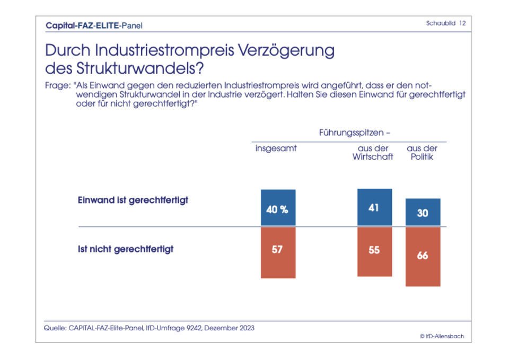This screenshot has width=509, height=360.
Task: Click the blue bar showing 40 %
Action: pyautogui.click(x=278, y=208)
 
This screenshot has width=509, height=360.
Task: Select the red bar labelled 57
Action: pyautogui.click(x=278, y=252)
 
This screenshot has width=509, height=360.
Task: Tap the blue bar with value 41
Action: pyautogui.click(x=374, y=207)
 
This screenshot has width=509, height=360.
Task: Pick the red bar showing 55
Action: pyautogui.click(x=374, y=252)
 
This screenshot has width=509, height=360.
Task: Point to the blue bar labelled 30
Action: pyautogui.click(x=423, y=213)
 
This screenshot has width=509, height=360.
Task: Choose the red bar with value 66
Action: pyautogui.click(x=423, y=257)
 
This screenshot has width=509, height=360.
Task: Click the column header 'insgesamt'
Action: pyautogui.click(x=276, y=148)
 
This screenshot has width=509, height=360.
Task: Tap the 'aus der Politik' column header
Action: pyautogui.click(x=422, y=153)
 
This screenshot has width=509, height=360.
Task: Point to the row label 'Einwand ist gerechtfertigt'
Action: pyautogui.click(x=133, y=200)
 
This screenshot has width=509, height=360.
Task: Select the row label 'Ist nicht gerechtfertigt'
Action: pyautogui.click(x=126, y=249)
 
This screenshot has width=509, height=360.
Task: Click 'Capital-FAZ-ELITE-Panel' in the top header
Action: pyautogui.click(x=94, y=25)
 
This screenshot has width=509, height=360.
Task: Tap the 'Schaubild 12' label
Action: pyautogui.click(x=446, y=23)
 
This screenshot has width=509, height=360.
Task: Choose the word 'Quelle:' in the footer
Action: pyautogui.click(x=55, y=328)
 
